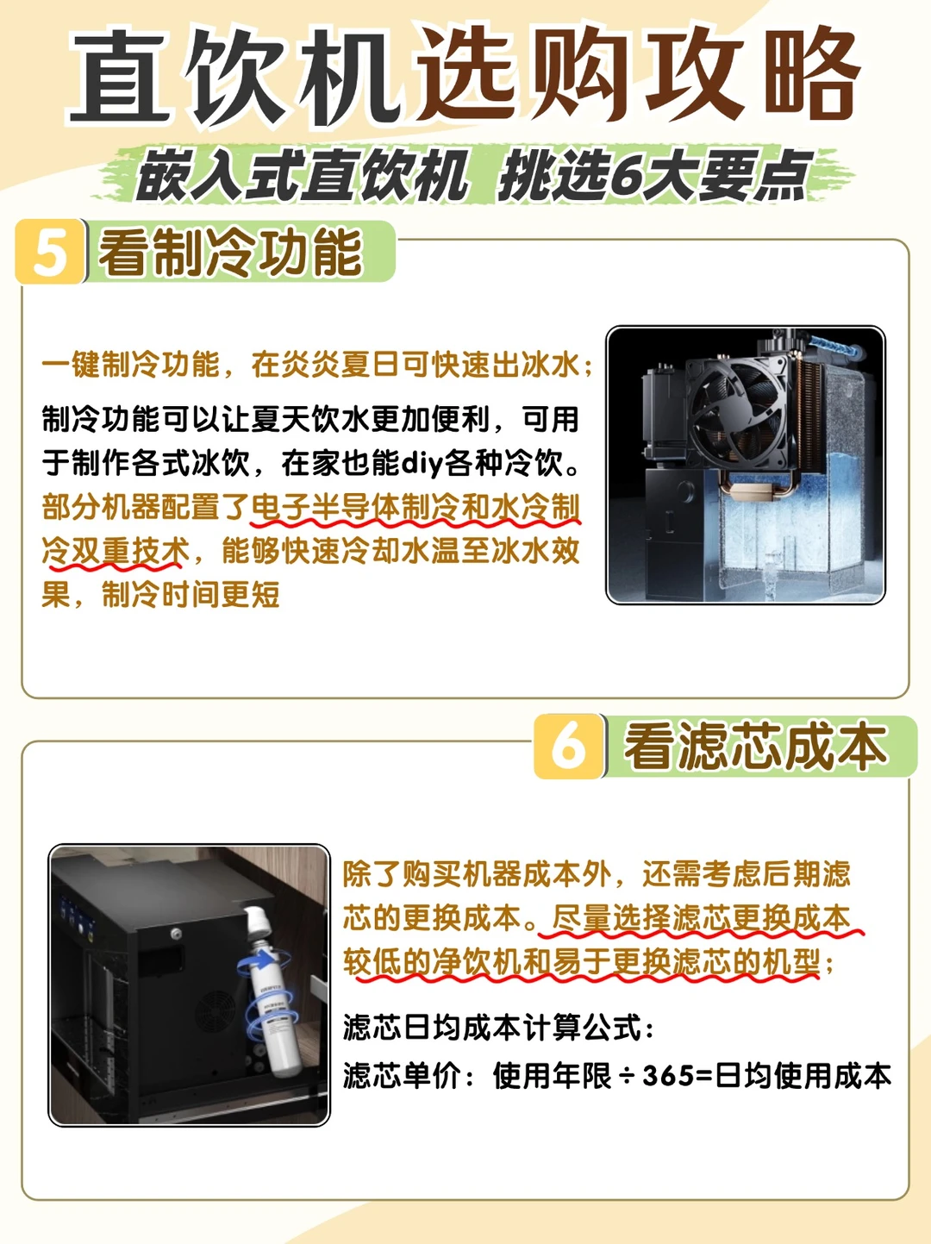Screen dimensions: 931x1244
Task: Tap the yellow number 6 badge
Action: [569, 746]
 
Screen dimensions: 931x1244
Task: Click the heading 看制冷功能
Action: [230, 253]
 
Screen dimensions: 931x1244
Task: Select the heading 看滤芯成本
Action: [756, 747]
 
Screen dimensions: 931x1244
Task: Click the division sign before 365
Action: [628, 1075]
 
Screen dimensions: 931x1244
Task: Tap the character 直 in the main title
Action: [120, 77]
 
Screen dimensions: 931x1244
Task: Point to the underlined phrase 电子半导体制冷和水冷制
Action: [416, 507]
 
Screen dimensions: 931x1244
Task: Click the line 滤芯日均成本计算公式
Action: [498, 1026]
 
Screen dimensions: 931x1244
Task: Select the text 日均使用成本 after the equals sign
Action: [803, 1075]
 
